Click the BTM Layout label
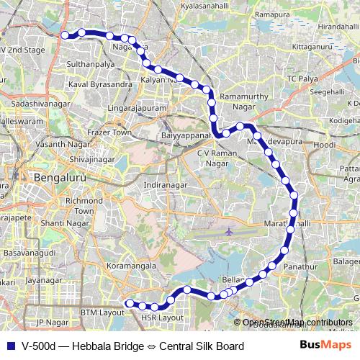102,312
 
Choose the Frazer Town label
107,133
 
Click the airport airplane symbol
229,233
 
